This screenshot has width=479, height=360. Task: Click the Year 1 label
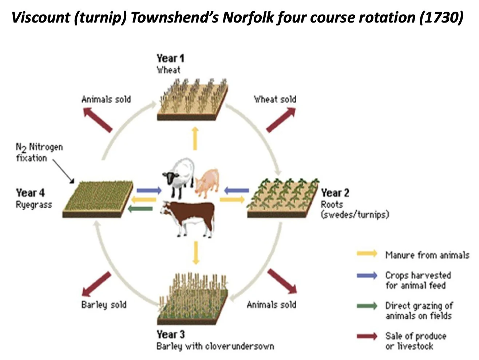(170, 58)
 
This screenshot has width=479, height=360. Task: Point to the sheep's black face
(169, 178)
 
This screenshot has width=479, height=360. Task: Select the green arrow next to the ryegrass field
(140, 208)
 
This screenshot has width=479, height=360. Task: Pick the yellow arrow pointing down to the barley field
(196, 253)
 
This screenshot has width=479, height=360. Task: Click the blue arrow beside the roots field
(237, 190)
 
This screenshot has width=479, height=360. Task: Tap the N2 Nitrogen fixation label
(39, 152)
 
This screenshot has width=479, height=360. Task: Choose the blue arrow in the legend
(367, 275)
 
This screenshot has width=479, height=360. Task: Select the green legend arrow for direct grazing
(367, 306)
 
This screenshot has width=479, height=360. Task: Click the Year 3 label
(170, 334)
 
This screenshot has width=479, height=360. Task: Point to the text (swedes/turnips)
(355, 215)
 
